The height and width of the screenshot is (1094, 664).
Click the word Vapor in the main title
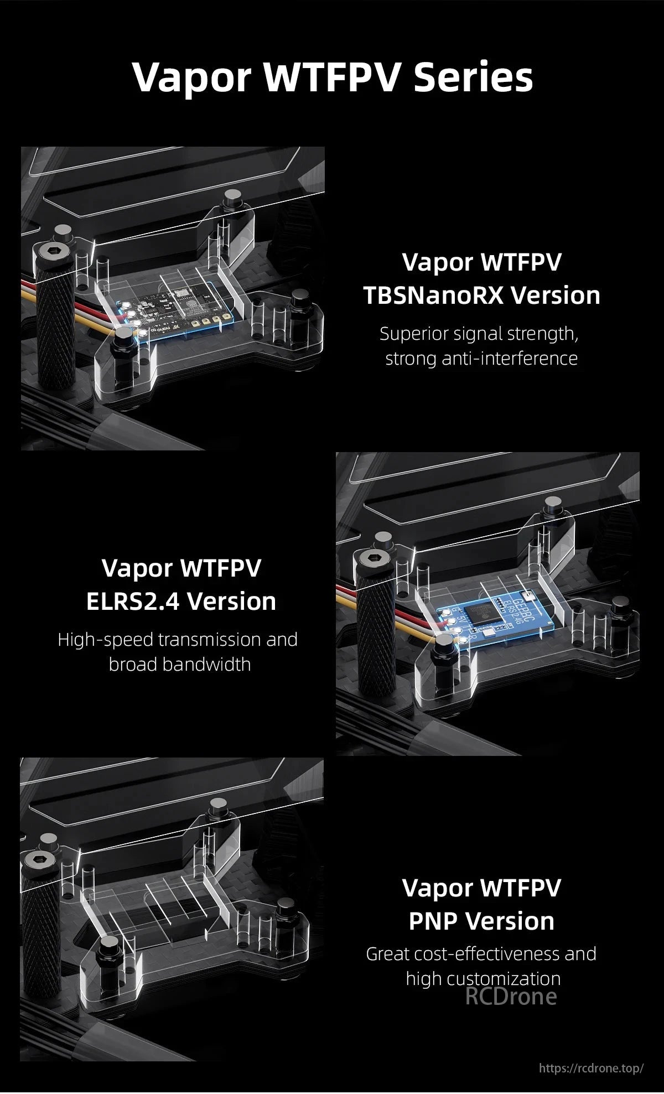click(191, 77)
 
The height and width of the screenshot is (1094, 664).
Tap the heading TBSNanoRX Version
click(481, 295)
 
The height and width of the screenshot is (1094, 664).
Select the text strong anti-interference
click(481, 359)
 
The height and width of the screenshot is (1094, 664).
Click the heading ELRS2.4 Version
click(181, 601)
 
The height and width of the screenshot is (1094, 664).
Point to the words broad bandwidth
click(179, 664)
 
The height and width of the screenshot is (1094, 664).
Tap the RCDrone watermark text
click(510, 997)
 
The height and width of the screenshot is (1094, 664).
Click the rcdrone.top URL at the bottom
click(590, 1067)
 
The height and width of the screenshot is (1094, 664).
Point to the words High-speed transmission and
click(178, 639)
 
